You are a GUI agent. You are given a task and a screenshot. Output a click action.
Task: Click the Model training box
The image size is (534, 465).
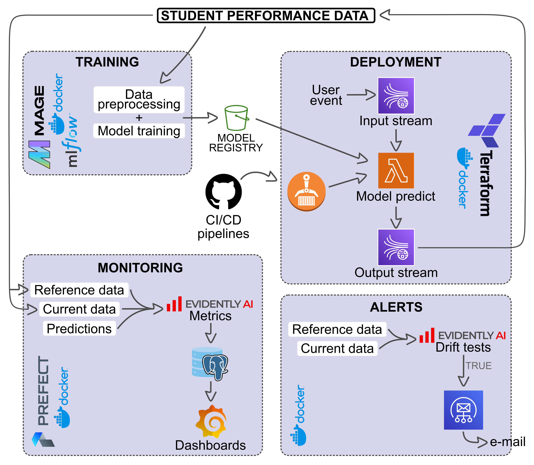pyautogui.click(x=139, y=131)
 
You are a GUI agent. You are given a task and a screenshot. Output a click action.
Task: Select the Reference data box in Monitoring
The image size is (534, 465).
pyautogui.click(x=79, y=290)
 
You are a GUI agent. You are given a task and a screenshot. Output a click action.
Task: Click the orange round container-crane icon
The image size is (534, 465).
pyautogui.click(x=306, y=191)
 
